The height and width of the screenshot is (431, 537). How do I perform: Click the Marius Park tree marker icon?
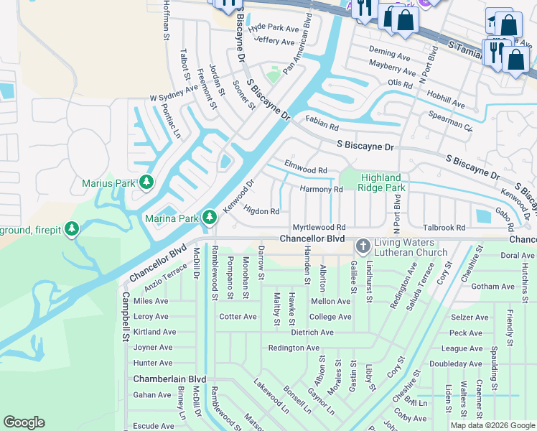[x=146, y=182]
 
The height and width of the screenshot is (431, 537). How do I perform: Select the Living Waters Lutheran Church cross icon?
[x=363, y=246]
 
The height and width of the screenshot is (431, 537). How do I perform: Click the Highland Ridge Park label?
[x=380, y=182]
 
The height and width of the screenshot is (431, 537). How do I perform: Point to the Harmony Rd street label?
[x=321, y=190]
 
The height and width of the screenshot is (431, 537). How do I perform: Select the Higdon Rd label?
[x=261, y=211]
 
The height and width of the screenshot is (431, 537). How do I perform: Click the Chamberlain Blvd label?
[x=169, y=379]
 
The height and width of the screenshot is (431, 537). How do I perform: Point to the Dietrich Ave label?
[x=312, y=333]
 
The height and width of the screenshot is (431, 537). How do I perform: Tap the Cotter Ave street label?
[x=238, y=317]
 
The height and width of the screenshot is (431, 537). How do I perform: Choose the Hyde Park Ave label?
[x=274, y=29]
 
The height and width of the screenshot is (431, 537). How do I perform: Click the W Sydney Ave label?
[x=173, y=93]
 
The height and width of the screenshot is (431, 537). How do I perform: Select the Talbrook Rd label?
[x=444, y=228]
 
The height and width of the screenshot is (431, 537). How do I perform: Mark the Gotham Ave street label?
[x=494, y=287]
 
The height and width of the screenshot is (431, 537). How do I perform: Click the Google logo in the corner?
[x=24, y=422]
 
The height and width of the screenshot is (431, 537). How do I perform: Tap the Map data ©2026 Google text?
[x=492, y=425]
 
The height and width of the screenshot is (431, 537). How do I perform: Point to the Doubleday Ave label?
[x=455, y=364]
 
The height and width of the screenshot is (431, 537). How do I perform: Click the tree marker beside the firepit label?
[x=71, y=228]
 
